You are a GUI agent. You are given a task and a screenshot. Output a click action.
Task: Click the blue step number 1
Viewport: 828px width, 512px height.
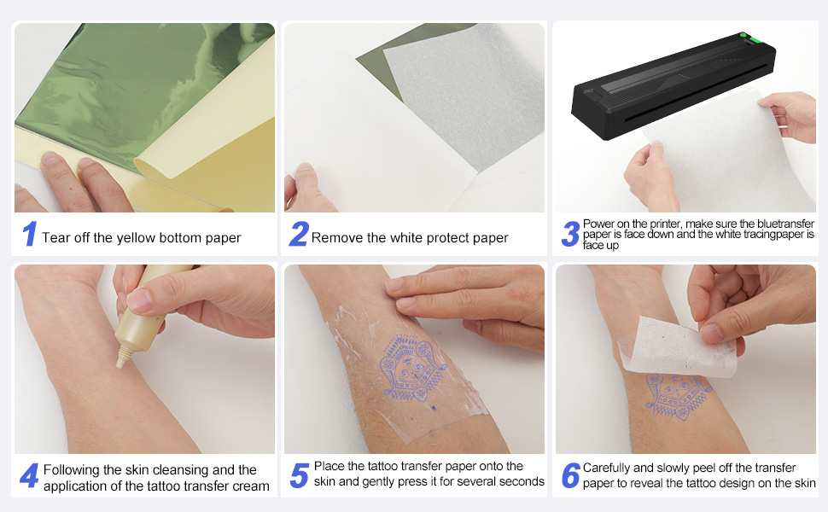(29, 235)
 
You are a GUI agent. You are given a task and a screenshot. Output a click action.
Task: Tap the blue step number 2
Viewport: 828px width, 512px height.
(298, 235)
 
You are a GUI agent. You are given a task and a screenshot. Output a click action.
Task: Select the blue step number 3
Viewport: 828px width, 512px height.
(569, 235)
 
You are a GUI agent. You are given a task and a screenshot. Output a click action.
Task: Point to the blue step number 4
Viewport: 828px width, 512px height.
(29, 476)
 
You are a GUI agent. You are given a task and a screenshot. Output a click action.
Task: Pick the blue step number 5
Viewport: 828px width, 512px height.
(299, 476)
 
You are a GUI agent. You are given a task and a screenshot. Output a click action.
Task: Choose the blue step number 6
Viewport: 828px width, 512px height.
(570, 476)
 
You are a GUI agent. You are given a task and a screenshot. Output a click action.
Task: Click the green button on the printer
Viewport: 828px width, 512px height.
(743, 37)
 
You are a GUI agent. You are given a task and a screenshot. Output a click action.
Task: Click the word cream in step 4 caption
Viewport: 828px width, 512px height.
(251, 486)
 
